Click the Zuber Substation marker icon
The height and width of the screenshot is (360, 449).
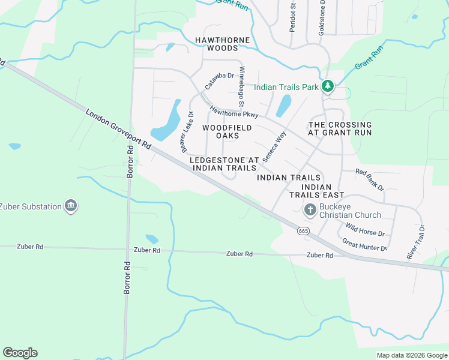point(71,206)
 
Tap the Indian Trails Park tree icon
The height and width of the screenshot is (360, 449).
point(327,87)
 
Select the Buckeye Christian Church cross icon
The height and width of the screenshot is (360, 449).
point(310,209)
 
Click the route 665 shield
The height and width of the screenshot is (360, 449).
point(303,230)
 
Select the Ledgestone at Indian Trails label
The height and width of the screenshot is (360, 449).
point(224,164)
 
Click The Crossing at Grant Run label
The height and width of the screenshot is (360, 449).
point(340,128)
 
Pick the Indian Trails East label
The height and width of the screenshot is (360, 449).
point(316,191)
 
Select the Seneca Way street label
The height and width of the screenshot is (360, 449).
point(273,145)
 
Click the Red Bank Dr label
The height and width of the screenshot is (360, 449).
point(369,179)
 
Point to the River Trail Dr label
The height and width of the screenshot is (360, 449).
point(415,242)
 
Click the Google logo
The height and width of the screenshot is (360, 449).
point(20,353)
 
